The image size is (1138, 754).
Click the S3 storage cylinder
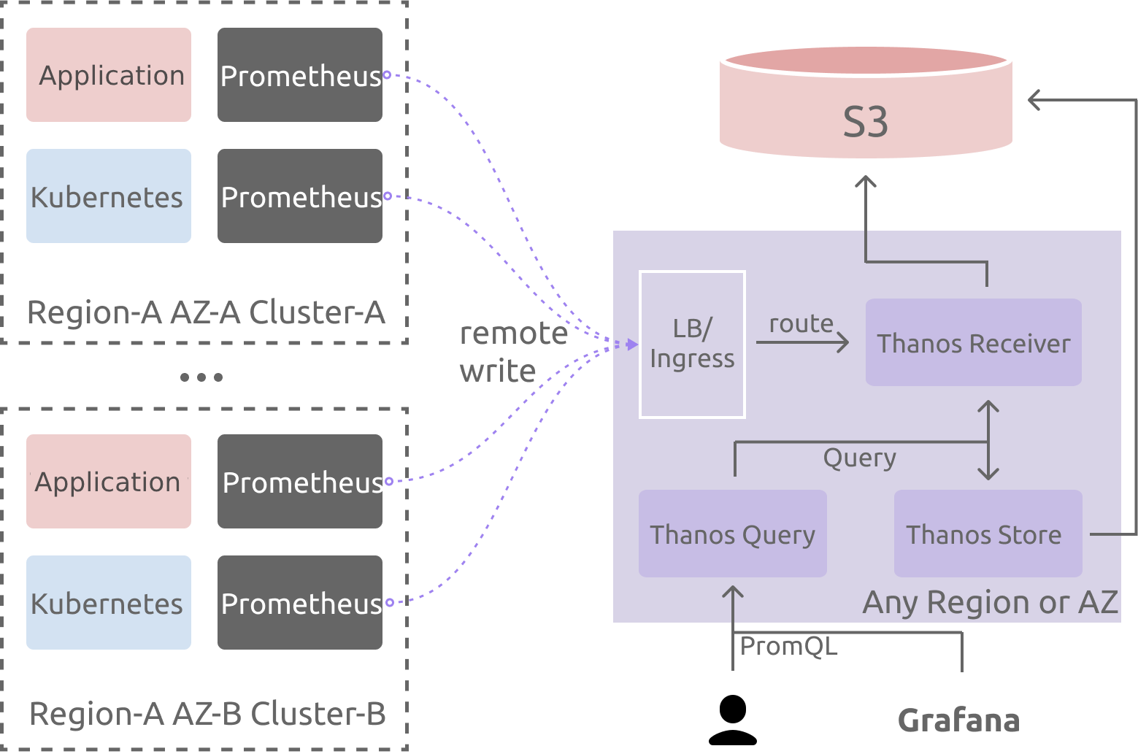[866, 109]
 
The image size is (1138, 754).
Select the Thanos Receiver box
[973, 342]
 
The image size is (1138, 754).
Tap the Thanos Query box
[732, 534]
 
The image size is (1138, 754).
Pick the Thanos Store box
[988, 534]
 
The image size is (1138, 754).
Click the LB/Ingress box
[692, 345]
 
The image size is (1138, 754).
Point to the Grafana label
[958, 720]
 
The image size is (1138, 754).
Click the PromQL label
[789, 646]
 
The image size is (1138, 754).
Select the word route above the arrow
[801, 323]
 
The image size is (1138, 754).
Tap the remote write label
[513, 352]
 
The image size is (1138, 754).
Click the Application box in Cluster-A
[109, 75]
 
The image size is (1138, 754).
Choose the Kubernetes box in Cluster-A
[109, 196]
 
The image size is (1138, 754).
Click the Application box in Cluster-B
[109, 482]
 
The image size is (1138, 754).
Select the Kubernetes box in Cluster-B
[109, 603]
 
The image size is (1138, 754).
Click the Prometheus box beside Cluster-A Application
[300, 75]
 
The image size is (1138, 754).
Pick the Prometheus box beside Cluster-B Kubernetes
[300, 603]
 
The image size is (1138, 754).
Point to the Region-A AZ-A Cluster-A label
[206, 312]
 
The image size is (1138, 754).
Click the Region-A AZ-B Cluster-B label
[207, 713]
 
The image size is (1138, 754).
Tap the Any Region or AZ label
[990, 602]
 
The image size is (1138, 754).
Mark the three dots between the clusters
[201, 377]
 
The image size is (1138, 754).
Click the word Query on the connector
[859, 458]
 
